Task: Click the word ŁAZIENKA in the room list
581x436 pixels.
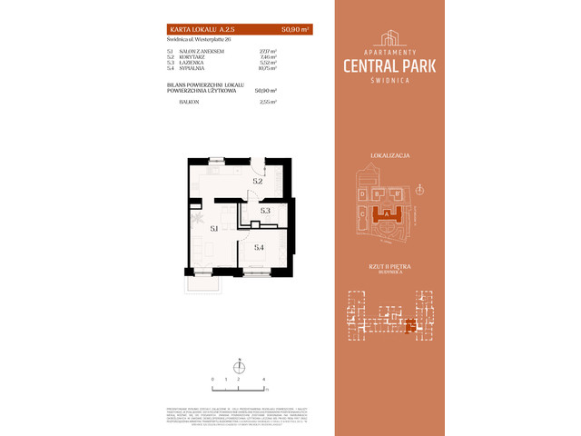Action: tap(188, 63)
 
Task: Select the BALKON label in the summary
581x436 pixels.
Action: tap(187, 103)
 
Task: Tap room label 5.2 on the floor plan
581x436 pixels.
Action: tap(258, 182)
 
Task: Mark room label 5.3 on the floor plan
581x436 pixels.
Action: tap(265, 211)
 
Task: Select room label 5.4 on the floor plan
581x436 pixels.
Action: tap(259, 247)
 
